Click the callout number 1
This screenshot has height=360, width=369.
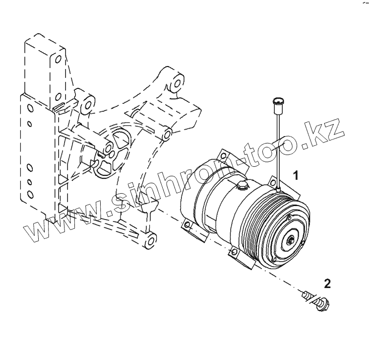tap(296, 175)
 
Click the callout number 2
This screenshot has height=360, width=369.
tap(327, 284)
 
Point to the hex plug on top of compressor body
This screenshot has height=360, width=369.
tap(242, 186)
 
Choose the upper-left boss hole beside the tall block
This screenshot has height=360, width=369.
tap(87, 103)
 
